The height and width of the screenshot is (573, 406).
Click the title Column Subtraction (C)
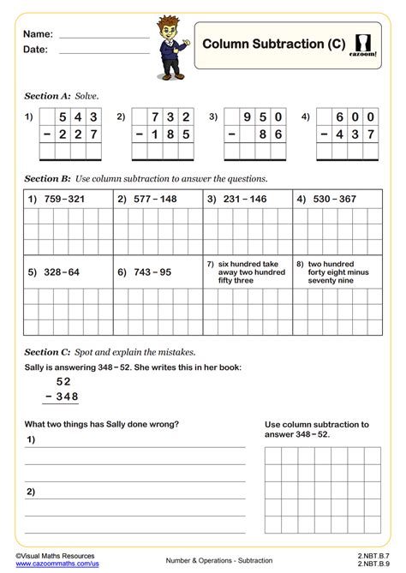(x=273, y=43)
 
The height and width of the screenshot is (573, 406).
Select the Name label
(x=38, y=34)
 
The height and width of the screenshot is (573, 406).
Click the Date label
(x=36, y=50)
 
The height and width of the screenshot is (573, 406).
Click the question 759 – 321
(x=61, y=200)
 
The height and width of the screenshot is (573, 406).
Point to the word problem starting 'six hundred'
(x=252, y=272)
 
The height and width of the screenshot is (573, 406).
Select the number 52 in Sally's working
(x=63, y=381)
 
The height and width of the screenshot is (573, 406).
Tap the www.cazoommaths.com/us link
(x=57, y=564)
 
